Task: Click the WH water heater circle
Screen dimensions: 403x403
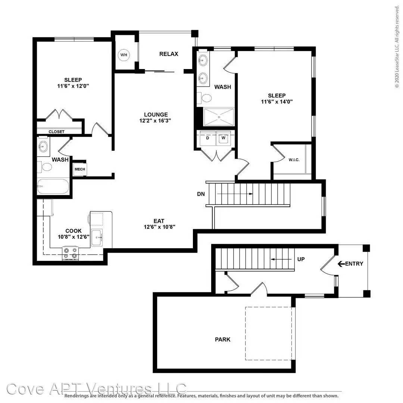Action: click(x=124, y=55)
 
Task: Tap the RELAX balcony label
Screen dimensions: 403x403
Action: click(x=169, y=54)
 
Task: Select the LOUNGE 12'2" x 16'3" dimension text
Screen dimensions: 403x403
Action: click(x=155, y=121)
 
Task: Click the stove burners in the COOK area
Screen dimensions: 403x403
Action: click(x=71, y=253)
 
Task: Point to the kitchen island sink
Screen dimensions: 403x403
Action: click(x=97, y=237)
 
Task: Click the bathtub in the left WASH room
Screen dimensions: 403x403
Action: click(x=53, y=187)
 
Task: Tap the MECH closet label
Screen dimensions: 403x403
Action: click(x=80, y=169)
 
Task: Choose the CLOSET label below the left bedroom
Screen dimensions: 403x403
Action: click(x=57, y=132)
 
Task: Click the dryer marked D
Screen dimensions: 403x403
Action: click(x=207, y=138)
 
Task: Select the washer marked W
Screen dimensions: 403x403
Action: click(x=224, y=138)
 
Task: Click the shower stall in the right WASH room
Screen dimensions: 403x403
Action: click(x=219, y=117)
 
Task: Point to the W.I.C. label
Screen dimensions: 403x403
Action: click(x=294, y=160)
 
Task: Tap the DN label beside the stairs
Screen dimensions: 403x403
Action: click(x=201, y=194)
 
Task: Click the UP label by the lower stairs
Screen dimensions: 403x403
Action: click(x=301, y=259)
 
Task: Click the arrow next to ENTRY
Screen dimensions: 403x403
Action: click(x=341, y=264)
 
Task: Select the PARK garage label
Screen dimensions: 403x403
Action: click(x=222, y=340)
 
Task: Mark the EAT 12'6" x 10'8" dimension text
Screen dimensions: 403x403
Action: click(x=159, y=227)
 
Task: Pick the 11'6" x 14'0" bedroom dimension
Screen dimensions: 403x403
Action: click(x=277, y=101)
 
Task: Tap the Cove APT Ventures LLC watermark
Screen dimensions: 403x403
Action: click(x=96, y=388)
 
